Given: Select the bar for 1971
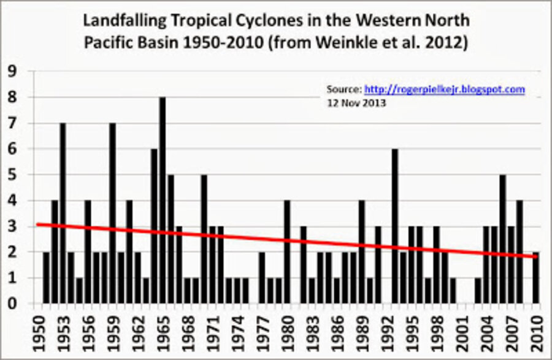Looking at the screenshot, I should pyautogui.click(x=212, y=264).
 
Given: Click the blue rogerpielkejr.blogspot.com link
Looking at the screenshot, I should pyautogui.click(x=445, y=89).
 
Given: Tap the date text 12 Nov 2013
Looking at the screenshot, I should pyautogui.click(x=356, y=103).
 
